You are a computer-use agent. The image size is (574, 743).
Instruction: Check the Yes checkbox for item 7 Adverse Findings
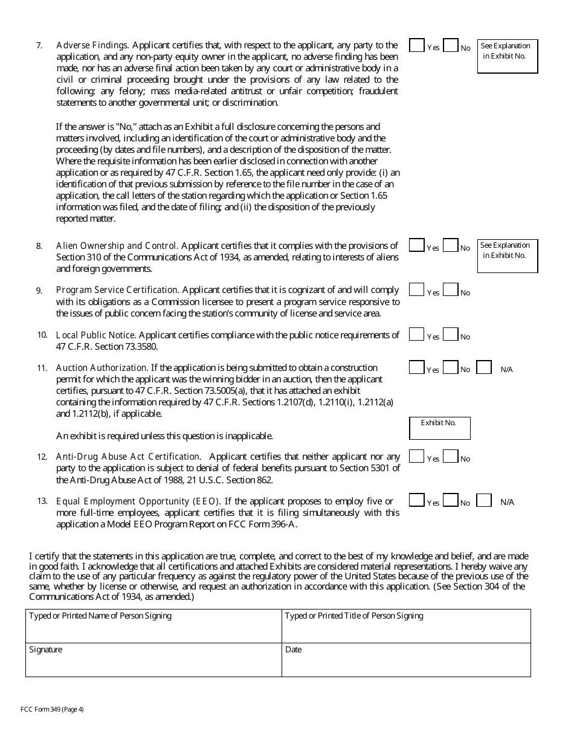click(x=416, y=45)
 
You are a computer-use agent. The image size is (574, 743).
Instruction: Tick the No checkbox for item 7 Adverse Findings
click(x=450, y=45)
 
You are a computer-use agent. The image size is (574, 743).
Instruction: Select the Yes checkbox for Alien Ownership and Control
click(x=416, y=245)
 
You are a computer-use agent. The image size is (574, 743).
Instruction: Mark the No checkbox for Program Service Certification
click(x=450, y=290)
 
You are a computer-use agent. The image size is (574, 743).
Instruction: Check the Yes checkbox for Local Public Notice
click(x=416, y=334)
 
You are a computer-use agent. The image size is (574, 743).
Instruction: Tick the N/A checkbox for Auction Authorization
click(x=484, y=367)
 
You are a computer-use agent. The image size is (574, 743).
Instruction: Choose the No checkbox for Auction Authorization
click(x=450, y=367)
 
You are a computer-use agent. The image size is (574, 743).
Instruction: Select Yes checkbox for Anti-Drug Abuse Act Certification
click(x=416, y=456)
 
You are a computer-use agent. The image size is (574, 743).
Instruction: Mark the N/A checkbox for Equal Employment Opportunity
click(x=484, y=500)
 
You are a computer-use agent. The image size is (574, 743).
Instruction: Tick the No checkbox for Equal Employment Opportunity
click(x=450, y=500)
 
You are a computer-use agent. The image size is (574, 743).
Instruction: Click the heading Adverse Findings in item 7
click(x=92, y=45)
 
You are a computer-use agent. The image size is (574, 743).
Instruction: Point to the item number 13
click(x=42, y=501)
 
